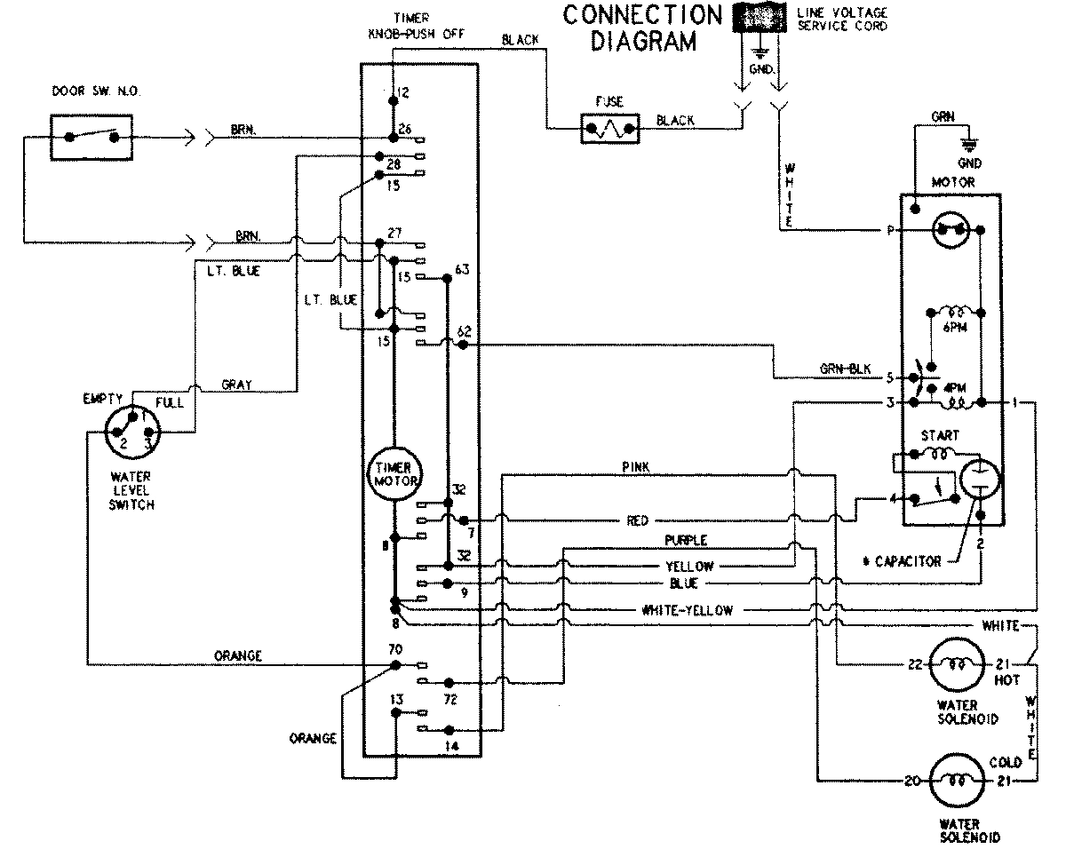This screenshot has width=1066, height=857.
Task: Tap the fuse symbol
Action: click(x=609, y=129)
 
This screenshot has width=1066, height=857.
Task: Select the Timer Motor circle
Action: click(x=394, y=471)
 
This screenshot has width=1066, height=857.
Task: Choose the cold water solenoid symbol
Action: click(x=956, y=781)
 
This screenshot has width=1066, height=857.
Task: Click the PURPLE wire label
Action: click(x=686, y=540)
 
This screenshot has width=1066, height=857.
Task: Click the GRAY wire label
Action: click(x=236, y=385)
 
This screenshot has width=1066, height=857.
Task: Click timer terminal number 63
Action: click(x=461, y=268)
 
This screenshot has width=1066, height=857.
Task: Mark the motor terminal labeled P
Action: click(x=888, y=230)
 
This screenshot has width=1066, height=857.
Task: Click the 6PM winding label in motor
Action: click(x=955, y=329)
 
